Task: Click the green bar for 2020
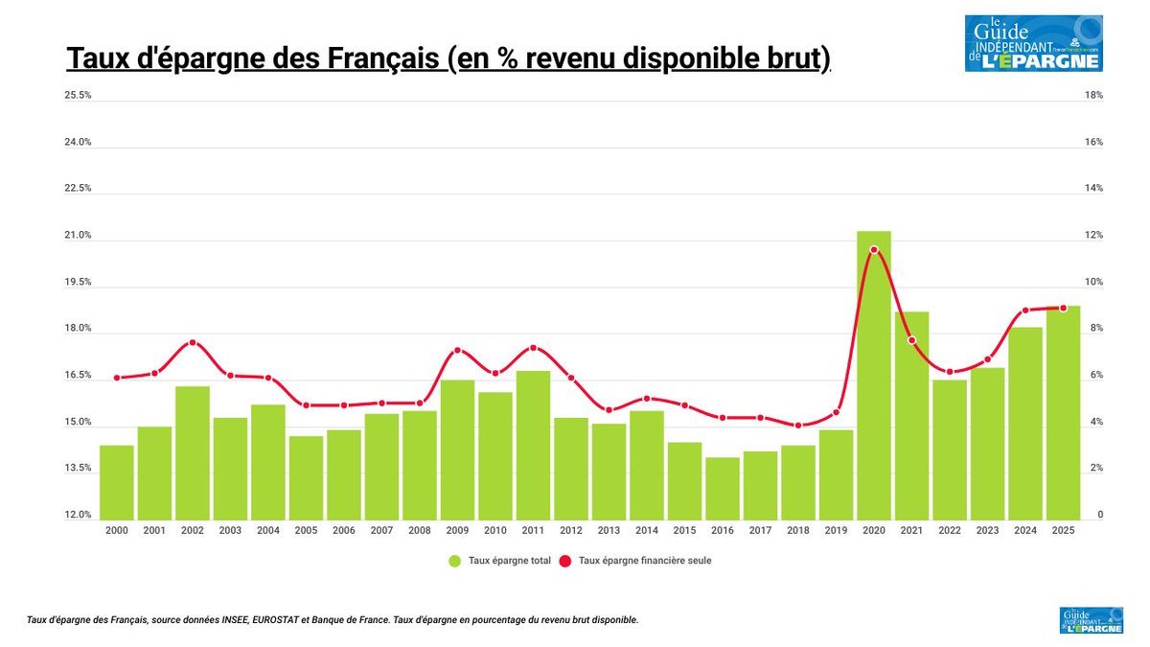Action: tap(873, 374)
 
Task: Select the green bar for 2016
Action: tap(722, 488)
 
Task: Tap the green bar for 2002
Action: tap(193, 451)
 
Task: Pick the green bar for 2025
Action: tap(1063, 412)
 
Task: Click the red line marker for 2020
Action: tap(873, 249)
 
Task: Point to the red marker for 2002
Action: tap(193, 342)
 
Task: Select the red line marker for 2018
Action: tap(798, 426)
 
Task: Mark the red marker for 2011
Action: tap(533, 348)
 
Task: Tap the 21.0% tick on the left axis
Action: tap(78, 236)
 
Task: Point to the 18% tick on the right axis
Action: tap(1093, 96)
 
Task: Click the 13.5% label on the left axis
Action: tap(78, 469)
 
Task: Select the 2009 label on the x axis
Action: tap(457, 530)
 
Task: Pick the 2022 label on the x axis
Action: tap(949, 530)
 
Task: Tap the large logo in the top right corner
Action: tap(1033, 43)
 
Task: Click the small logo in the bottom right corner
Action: tap(1091, 620)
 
